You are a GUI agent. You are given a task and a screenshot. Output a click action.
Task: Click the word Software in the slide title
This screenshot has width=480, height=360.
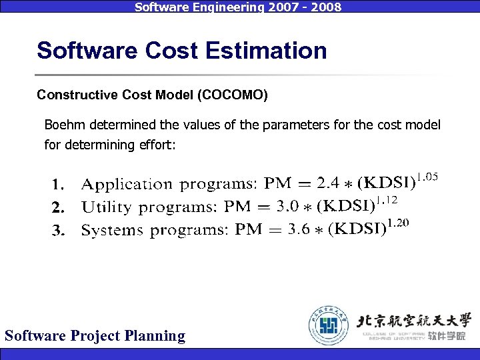pos(75,51)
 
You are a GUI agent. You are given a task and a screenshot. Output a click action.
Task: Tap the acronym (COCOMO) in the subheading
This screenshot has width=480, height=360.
pos(233,95)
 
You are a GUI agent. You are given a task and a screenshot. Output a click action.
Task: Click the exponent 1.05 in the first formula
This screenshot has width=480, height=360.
pos(428,177)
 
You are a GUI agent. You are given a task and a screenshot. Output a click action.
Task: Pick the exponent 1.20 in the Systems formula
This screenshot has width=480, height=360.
pos(397,223)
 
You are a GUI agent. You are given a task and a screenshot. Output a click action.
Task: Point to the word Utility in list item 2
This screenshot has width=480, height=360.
pos(107,207)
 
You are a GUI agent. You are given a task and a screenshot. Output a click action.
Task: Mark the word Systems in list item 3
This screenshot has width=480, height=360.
pos(112,231)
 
